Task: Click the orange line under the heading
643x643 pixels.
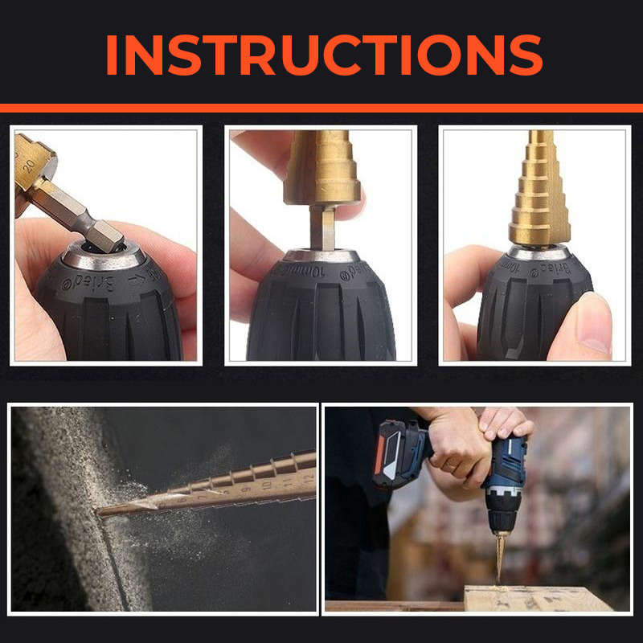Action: tap(321, 108)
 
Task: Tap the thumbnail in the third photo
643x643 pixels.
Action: tap(592, 321)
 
